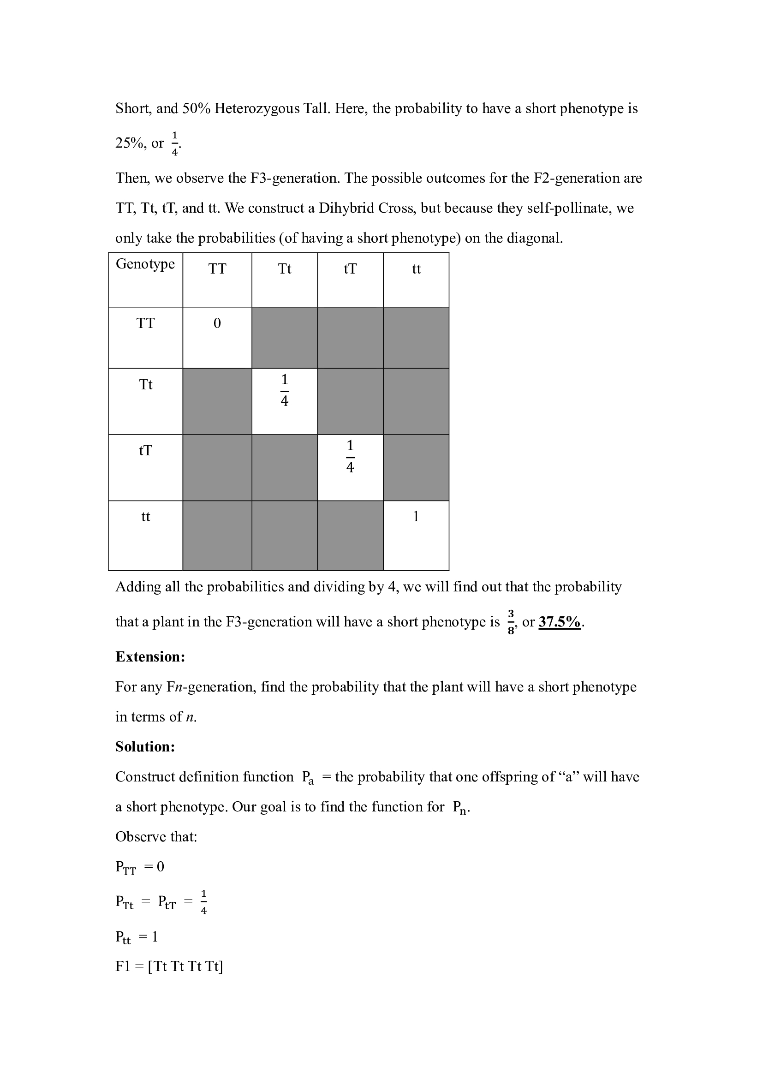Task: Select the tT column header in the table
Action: (x=350, y=269)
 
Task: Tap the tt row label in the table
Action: (x=146, y=517)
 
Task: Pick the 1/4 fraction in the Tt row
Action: (x=284, y=390)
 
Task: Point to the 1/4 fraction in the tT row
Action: (x=350, y=456)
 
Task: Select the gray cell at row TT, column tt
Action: (x=416, y=337)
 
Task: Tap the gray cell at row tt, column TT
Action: (x=217, y=535)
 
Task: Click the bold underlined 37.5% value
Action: (x=560, y=622)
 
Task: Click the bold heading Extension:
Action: (x=150, y=656)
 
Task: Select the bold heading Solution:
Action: (x=145, y=747)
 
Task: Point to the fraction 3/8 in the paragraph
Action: (x=511, y=622)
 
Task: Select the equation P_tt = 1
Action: (x=137, y=937)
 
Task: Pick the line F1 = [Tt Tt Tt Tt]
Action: (x=169, y=966)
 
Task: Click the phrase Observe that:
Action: (x=156, y=836)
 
